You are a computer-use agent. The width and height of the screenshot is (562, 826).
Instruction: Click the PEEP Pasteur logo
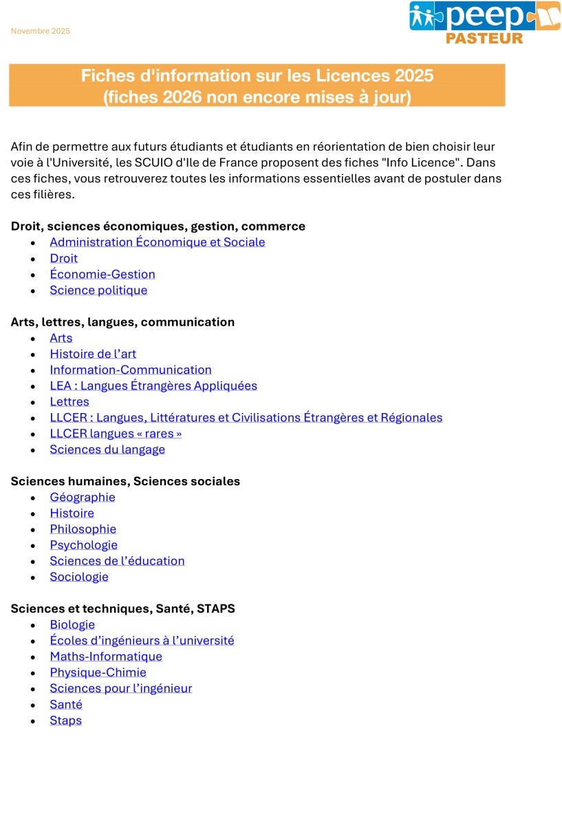tap(484, 23)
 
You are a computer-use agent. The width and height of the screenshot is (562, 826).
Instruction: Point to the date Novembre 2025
tap(41, 31)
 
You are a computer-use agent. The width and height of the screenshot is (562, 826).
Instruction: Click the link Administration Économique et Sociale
tap(157, 242)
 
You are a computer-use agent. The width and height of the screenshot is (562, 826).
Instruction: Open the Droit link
tap(63, 258)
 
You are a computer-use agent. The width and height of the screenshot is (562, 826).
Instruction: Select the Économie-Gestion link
tap(102, 274)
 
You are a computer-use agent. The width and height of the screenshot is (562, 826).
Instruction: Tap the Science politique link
tap(98, 290)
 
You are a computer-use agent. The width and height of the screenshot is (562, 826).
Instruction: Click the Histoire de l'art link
tap(93, 354)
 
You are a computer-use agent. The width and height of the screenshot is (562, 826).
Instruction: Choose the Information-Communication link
tap(131, 370)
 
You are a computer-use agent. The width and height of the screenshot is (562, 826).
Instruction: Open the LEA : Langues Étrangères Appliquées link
tap(153, 385)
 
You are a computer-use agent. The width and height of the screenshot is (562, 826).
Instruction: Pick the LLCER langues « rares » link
tap(116, 434)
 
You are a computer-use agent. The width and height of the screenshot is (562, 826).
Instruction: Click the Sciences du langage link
tap(107, 449)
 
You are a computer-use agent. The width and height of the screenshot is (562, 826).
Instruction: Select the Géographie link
tap(83, 497)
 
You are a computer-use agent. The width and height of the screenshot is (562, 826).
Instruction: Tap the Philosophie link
tap(83, 529)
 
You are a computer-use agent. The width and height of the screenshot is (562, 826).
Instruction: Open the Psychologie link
tap(83, 545)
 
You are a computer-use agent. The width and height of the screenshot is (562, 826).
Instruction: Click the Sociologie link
tap(79, 577)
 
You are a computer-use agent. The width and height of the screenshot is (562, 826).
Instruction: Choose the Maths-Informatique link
tap(106, 657)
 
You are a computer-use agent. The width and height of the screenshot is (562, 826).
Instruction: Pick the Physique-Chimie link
tap(98, 673)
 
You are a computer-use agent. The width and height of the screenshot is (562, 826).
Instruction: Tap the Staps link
tap(65, 721)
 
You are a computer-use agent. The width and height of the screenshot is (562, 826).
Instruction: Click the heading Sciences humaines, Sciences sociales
tap(125, 481)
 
